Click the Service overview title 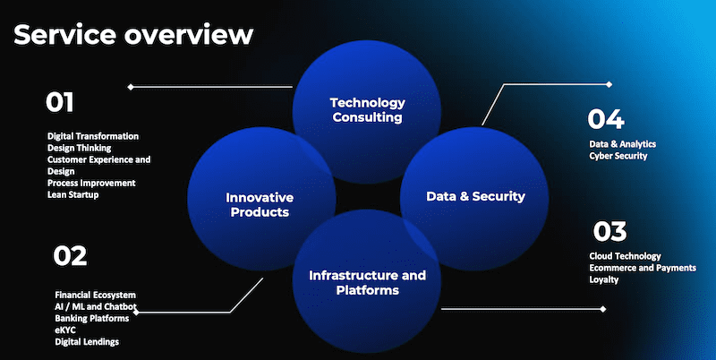coord(133,35)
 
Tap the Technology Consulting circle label coord(368,109)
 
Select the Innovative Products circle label coord(260,205)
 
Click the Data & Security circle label coord(475,196)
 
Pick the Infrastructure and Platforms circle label coord(367,282)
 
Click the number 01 coord(59,102)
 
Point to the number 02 coord(70,256)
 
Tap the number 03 coord(609,231)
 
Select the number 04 coord(606,119)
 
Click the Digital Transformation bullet coord(93,136)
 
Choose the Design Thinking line coord(80,148)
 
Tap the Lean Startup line coord(73,194)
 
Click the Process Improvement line coord(91,183)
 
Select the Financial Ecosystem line coord(96,296)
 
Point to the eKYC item coord(65,330)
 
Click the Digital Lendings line coord(87,342)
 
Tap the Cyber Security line coord(618,156)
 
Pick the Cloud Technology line coord(625,256)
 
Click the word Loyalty coord(603,279)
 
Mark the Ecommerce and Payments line coord(643,268)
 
